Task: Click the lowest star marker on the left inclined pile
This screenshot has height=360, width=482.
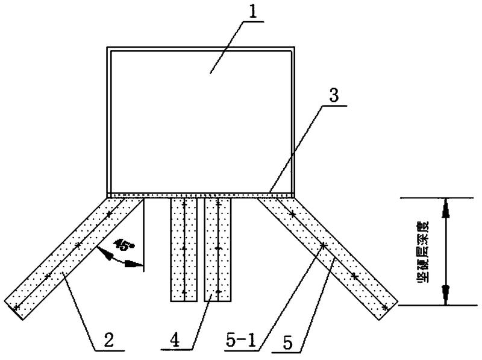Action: point(17,308)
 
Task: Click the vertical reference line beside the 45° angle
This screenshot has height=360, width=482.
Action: point(143,241)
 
